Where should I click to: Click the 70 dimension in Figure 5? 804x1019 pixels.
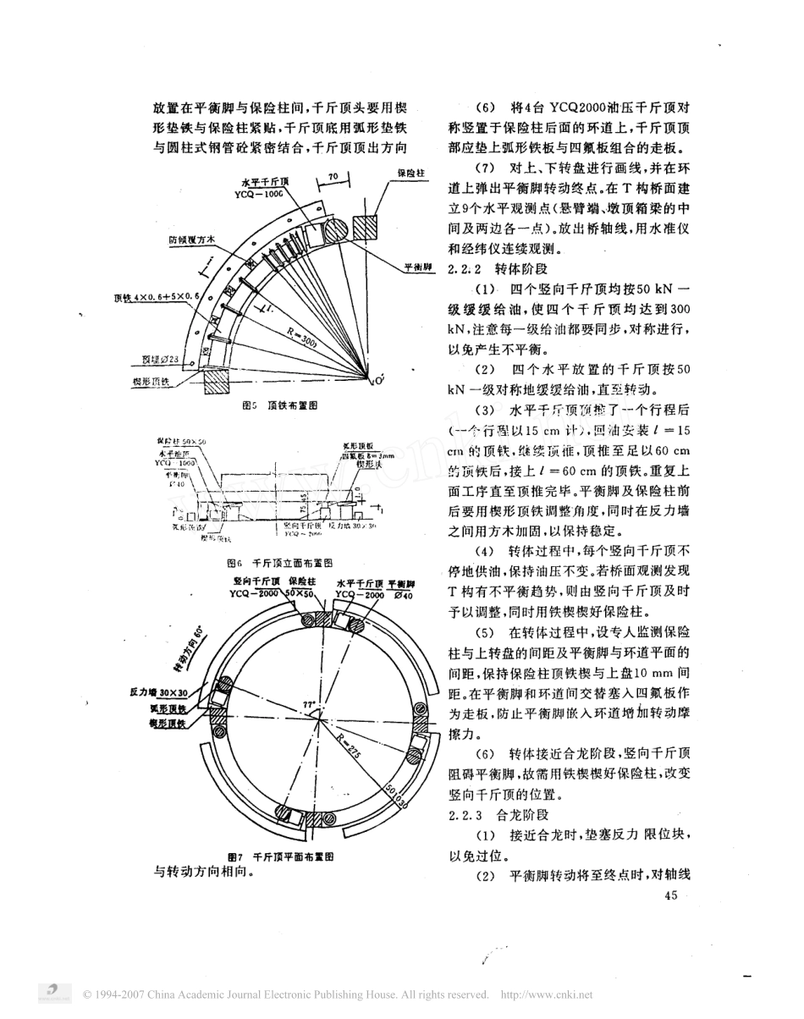pyautogui.click(x=332, y=175)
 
